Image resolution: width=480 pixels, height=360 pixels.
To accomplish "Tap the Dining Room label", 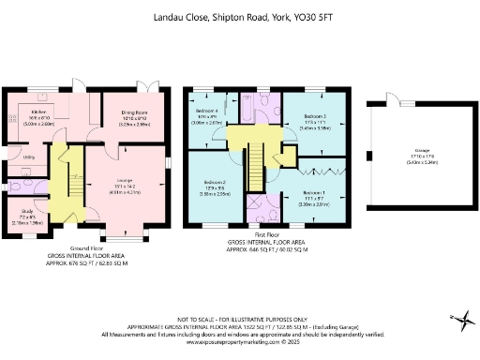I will [124, 111].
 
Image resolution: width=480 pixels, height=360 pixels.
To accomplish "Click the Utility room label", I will [29, 157].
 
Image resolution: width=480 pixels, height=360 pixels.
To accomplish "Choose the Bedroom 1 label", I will [314, 192].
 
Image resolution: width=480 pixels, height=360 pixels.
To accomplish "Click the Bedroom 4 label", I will [206, 112].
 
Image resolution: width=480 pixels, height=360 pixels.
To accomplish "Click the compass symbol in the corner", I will [459, 320].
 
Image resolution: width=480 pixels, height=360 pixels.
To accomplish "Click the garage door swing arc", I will [396, 99].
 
